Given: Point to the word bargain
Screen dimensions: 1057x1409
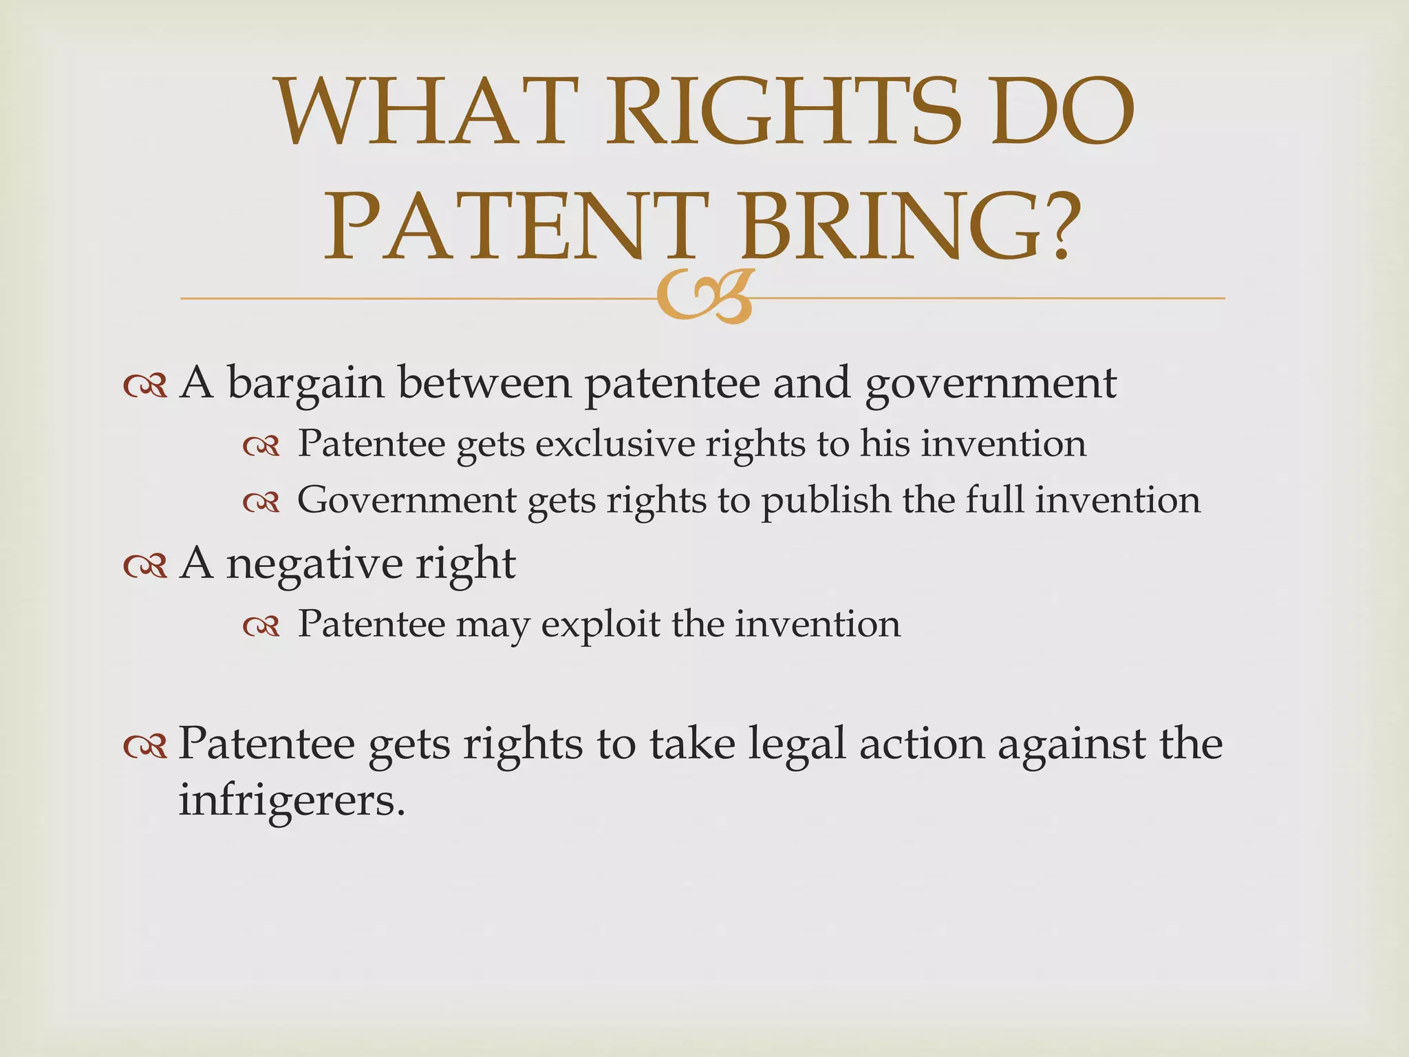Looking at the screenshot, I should pyautogui.click(x=305, y=384).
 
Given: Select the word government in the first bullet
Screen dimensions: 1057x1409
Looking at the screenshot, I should pyautogui.click(x=991, y=384).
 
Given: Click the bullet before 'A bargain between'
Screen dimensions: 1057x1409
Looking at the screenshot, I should pyautogui.click(x=145, y=387).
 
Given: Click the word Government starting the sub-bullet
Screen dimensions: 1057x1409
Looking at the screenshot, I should pyautogui.click(x=407, y=501).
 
